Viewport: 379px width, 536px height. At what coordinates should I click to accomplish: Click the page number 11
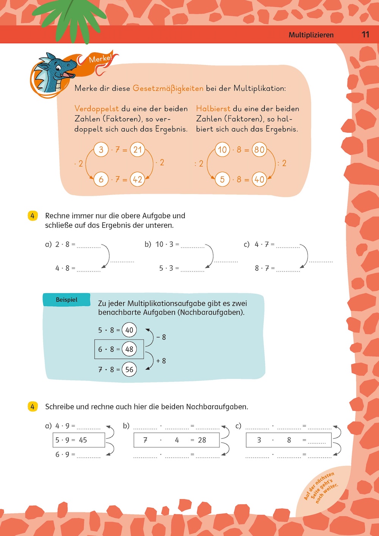coord(365,34)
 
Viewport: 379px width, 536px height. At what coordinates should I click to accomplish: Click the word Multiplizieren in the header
coord(311,35)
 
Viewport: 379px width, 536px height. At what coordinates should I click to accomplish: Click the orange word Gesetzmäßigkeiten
coord(168,88)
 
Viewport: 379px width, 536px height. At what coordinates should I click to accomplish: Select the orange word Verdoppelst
coord(97,109)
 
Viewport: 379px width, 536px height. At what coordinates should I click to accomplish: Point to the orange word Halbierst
coord(213,109)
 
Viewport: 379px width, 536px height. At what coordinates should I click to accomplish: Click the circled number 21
coord(138,150)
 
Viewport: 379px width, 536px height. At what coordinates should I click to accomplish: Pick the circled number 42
coord(138,179)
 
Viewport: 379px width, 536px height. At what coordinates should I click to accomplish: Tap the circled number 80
coord(259,150)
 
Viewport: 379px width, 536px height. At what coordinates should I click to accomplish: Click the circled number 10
coord(222,150)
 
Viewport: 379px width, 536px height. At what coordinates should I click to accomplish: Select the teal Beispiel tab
coord(67,299)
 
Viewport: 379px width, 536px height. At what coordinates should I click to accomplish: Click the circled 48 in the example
coord(129,349)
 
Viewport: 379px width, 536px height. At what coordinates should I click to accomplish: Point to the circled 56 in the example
coord(129,370)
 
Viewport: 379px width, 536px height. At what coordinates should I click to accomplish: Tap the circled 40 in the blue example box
coord(129,330)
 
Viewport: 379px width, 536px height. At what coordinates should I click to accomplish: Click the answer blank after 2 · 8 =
coord(89,246)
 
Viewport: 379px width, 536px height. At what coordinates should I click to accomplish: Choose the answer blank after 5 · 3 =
coord(193,270)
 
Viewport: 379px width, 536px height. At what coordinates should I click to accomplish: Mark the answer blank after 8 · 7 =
coord(288,270)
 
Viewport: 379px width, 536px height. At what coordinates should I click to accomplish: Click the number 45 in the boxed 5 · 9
coord(83,440)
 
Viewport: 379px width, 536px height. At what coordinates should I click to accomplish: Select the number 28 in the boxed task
coord(202,440)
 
